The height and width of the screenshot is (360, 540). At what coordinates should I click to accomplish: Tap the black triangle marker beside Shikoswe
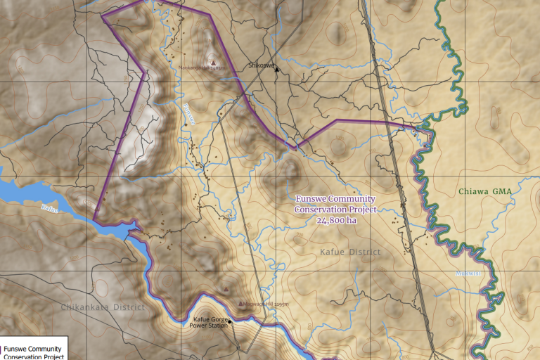[x=277, y=69]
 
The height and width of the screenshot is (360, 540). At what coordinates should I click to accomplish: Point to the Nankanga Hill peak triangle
[x=214, y=62]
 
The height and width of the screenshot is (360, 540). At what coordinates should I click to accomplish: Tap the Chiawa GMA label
[x=485, y=191]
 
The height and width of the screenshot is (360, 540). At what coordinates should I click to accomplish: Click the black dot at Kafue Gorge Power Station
[x=229, y=321]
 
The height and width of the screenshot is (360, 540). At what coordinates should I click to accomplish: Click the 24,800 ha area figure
[x=336, y=220]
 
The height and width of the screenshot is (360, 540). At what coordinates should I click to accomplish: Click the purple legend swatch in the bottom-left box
[x=1, y=349]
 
